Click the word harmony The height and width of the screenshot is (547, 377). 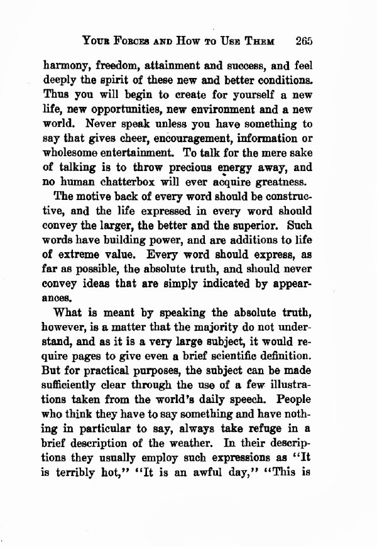tap(68, 65)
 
